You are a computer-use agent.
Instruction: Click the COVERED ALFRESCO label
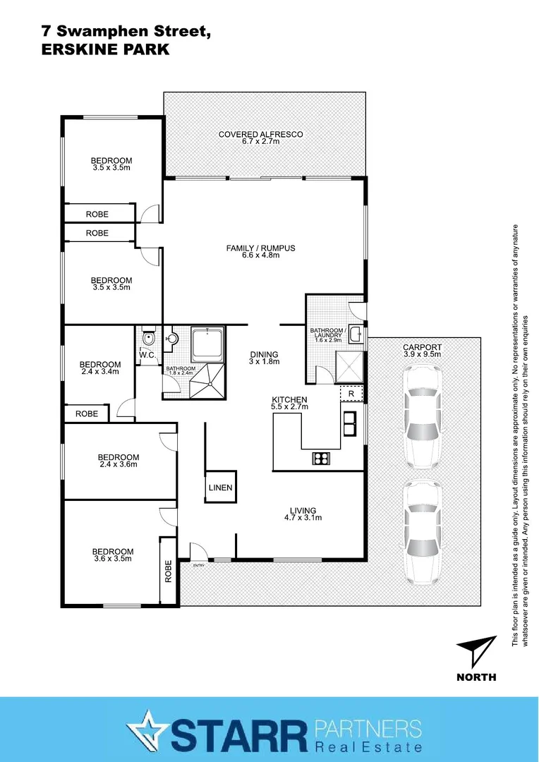260,134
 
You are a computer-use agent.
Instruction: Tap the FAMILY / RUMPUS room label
260,248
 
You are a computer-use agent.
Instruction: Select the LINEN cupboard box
220,488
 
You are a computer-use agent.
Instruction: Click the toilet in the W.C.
147,339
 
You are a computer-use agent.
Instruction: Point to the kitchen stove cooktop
322,459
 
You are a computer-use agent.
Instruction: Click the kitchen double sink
349,423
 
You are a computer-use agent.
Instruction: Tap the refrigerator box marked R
351,393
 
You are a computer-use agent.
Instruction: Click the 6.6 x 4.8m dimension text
260,255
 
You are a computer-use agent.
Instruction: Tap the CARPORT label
422,347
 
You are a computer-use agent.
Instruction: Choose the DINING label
264,354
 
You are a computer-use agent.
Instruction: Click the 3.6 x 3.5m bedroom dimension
113,559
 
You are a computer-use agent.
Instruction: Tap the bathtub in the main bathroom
208,344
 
